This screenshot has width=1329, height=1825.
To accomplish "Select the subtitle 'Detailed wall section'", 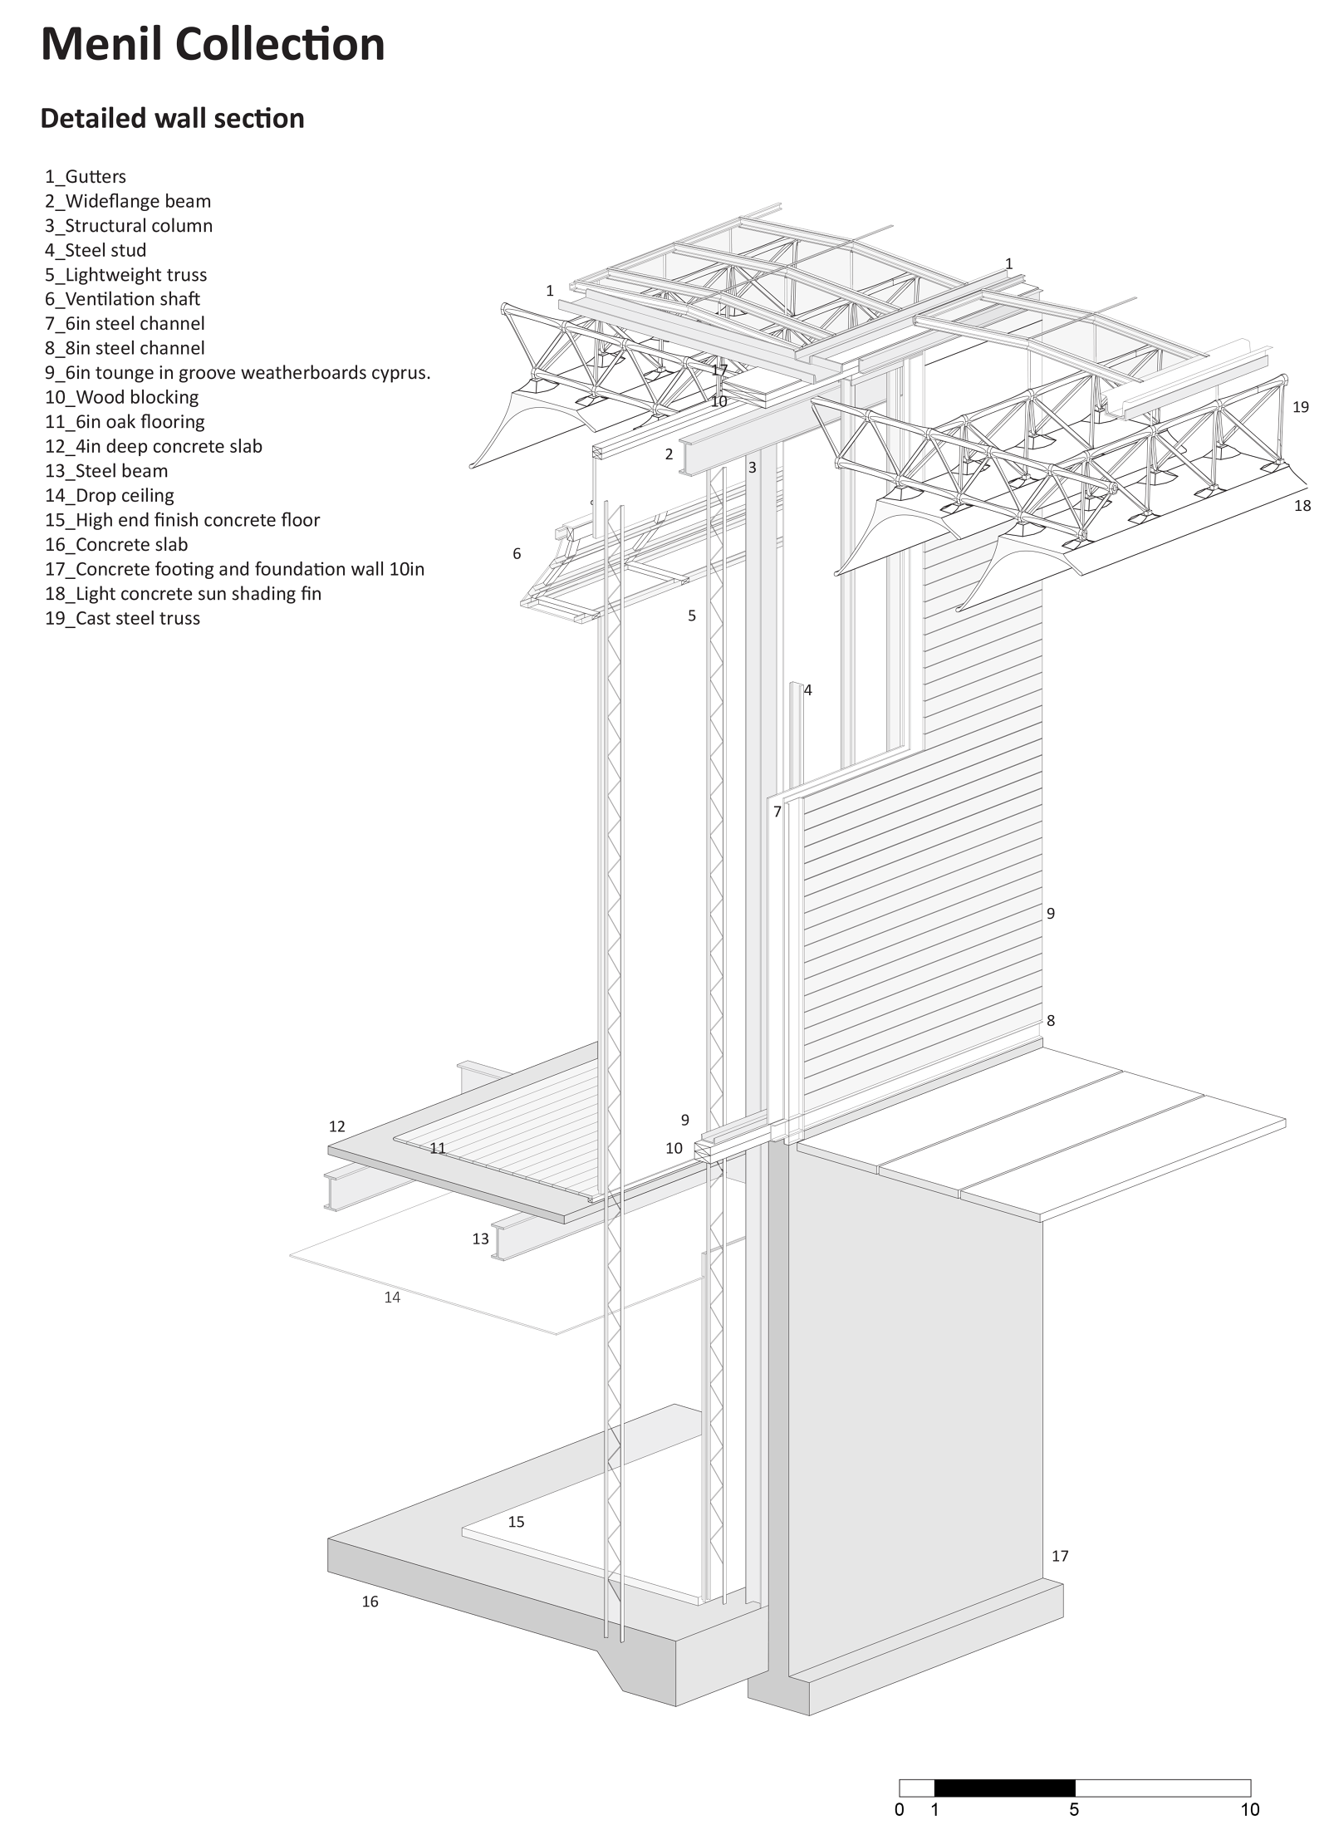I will (x=172, y=118).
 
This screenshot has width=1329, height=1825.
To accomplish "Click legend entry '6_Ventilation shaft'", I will (x=122, y=299).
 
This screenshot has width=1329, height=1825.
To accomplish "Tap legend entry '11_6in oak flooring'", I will (x=125, y=421).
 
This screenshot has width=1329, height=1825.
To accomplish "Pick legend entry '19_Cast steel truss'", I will (x=122, y=618).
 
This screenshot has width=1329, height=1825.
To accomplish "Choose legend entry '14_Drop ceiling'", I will (x=109, y=495).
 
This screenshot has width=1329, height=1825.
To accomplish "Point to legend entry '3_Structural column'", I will (x=129, y=226).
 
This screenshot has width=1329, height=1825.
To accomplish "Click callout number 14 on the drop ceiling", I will (x=392, y=1297).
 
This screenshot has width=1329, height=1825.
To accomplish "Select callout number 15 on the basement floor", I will (x=516, y=1522).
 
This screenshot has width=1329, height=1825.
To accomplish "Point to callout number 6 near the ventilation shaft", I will (x=517, y=553).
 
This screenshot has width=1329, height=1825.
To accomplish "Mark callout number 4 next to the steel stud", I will (x=807, y=689).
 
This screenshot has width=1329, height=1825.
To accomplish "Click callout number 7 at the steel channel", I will (x=777, y=812).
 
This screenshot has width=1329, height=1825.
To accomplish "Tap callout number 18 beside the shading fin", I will (x=1302, y=505).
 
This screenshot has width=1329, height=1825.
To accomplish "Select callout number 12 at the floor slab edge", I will (x=336, y=1126).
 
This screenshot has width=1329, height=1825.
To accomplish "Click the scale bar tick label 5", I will (x=1074, y=1809).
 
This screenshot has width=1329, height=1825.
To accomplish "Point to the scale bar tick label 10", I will (x=1249, y=1809).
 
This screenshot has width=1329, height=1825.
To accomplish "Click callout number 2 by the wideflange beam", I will (x=669, y=454).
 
